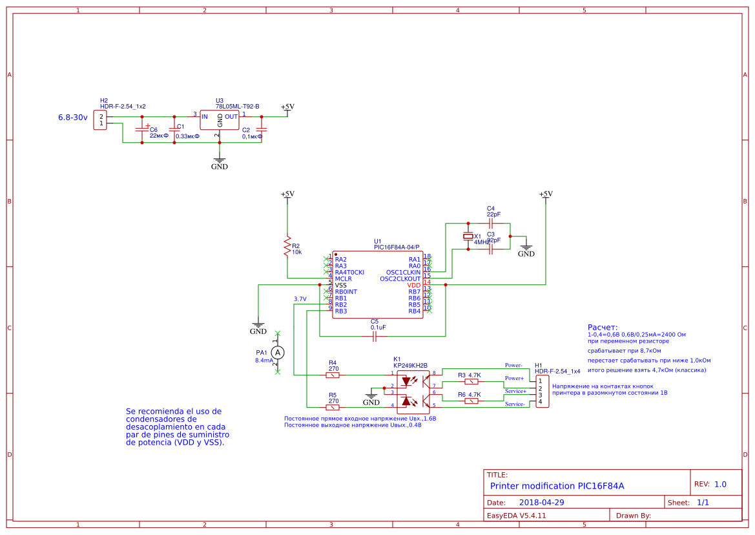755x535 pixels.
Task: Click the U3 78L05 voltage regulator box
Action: (x=219, y=120)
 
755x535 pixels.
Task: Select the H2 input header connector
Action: (x=100, y=120)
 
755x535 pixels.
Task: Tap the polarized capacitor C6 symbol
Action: (x=141, y=129)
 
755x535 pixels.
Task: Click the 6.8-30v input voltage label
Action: (x=72, y=118)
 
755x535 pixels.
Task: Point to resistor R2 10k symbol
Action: (x=287, y=246)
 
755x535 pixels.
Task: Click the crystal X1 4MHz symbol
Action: (x=469, y=237)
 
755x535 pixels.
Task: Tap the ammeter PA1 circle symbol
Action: (x=277, y=352)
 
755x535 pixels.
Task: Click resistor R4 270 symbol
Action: (x=333, y=375)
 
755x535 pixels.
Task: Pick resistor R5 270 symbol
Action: (x=333, y=407)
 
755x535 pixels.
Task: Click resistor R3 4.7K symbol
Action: (x=471, y=381)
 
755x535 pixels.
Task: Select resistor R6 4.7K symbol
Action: (x=471, y=401)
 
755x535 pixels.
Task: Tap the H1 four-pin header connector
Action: (x=542, y=391)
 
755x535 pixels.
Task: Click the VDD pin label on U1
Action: (x=413, y=285)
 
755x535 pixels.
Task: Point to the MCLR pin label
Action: (x=343, y=278)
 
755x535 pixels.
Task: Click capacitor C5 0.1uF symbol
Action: (x=375, y=336)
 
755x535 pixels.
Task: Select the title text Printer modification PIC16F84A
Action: (x=557, y=486)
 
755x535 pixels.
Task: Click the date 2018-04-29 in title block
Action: (x=542, y=502)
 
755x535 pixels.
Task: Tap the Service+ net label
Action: (x=515, y=391)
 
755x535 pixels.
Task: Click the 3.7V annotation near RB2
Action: (x=300, y=299)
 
